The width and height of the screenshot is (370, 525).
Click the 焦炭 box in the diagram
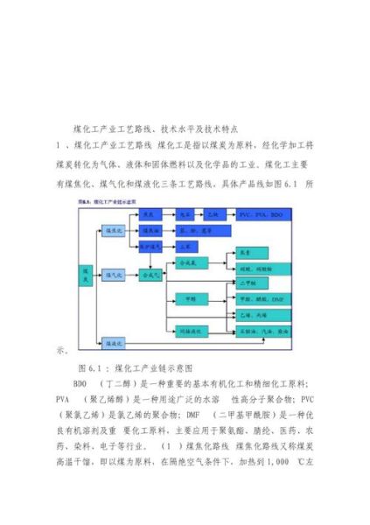(x=150, y=214)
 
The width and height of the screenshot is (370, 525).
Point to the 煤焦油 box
(x=150, y=230)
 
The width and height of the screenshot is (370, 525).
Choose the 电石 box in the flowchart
(x=185, y=214)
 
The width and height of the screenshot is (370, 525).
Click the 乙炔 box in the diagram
(x=215, y=214)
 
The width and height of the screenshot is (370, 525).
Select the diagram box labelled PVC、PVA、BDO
(x=263, y=214)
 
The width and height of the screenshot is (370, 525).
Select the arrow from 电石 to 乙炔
(x=200, y=214)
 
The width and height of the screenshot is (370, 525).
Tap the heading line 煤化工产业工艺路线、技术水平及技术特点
(x=166, y=128)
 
